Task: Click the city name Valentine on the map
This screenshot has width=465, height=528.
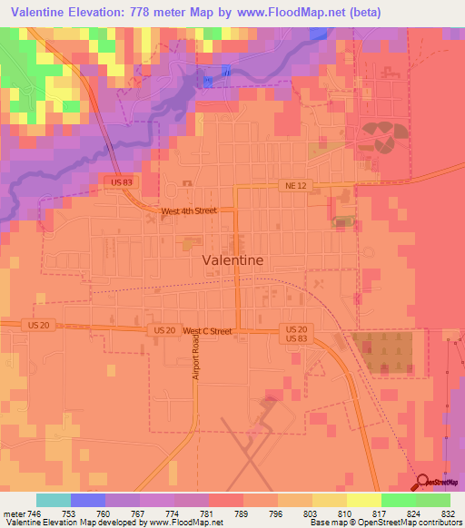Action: pos(232,259)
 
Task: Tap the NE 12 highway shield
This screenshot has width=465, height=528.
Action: pos(291,185)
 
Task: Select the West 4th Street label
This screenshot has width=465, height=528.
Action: pos(188,210)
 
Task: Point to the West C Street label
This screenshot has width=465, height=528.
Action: pos(207,331)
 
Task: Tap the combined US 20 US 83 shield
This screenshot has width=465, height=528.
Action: pos(296,333)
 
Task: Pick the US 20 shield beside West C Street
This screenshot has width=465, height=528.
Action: pos(164,330)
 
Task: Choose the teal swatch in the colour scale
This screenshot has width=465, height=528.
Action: pos(53,500)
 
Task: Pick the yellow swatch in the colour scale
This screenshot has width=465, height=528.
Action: pos(363,500)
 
